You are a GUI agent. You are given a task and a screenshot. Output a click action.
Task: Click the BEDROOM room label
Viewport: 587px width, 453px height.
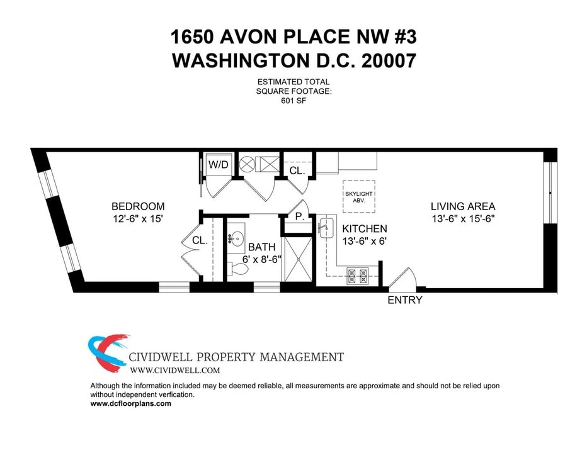(138, 206)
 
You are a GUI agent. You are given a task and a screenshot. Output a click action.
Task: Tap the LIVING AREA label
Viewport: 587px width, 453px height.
(463, 206)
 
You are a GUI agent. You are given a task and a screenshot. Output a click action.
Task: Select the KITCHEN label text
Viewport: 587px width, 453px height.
(364, 229)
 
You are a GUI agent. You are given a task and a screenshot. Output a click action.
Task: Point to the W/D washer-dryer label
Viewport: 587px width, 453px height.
(218, 165)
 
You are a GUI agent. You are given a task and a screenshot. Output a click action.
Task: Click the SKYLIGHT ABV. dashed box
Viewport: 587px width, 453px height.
(359, 196)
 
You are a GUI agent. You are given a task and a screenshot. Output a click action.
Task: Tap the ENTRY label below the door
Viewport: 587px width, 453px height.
(404, 300)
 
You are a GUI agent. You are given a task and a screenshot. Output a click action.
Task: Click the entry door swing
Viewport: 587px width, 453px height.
(401, 278)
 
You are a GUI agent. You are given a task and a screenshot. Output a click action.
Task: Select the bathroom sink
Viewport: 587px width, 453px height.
(237, 238)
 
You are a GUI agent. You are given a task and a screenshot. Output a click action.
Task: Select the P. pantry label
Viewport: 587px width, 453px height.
(299, 216)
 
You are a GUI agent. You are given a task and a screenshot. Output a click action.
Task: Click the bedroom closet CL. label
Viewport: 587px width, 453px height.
(200, 240)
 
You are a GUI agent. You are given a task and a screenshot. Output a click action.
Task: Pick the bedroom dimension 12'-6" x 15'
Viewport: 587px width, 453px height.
(138, 220)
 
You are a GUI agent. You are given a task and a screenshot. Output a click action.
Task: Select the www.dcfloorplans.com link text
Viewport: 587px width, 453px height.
(131, 404)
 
